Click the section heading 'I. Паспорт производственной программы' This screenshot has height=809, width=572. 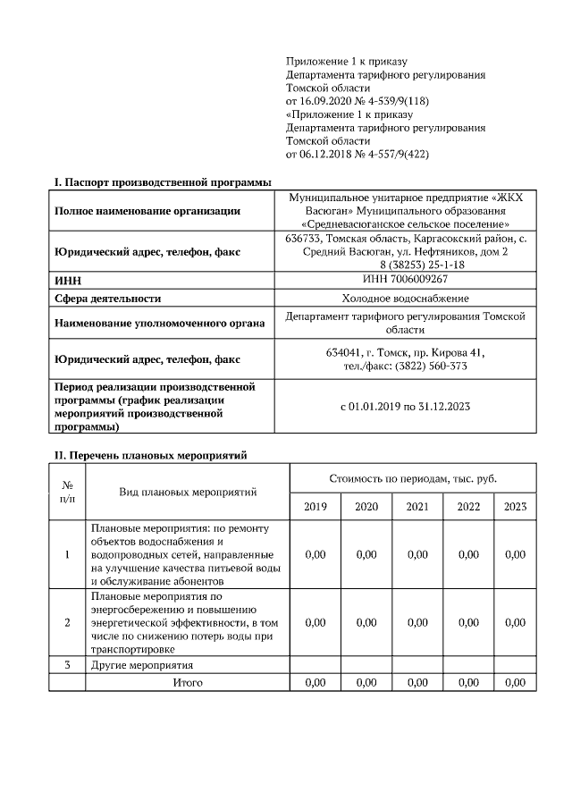(163, 182)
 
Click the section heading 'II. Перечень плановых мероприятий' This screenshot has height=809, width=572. (151, 455)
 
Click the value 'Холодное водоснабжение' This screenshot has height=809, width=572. (406, 298)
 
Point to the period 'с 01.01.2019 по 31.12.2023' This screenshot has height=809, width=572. (406, 407)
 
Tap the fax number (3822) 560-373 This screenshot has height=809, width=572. (434, 367)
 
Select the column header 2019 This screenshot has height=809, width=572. (315, 507)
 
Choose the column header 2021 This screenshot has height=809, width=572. (417, 507)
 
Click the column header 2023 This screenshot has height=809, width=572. (515, 507)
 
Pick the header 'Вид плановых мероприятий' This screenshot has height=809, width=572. (188, 492)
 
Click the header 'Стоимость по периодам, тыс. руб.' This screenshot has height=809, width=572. (413, 478)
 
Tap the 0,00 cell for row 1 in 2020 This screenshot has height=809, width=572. (366, 555)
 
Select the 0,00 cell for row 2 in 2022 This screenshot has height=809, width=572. (468, 623)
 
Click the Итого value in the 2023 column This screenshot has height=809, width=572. (515, 683)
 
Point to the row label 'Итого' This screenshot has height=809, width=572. (188, 683)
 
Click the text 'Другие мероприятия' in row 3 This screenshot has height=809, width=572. (142, 666)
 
